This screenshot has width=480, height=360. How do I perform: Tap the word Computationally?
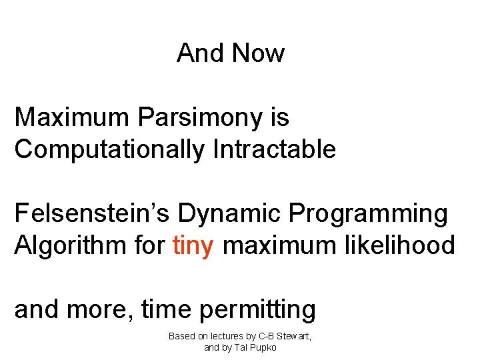[x=109, y=149]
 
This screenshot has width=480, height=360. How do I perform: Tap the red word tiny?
[x=193, y=246]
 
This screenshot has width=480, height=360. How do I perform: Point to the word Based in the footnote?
[x=181, y=336]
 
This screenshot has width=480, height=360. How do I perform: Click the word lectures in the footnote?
[x=231, y=336]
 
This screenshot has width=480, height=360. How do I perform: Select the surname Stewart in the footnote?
[x=293, y=336]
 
